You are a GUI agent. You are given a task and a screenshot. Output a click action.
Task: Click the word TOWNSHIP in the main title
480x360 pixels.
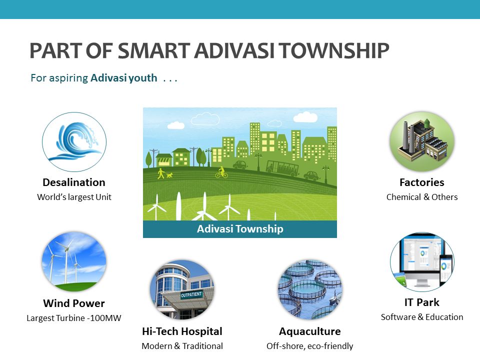[x=334, y=50]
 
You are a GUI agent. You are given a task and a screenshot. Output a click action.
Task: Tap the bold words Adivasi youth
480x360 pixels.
[x=123, y=78]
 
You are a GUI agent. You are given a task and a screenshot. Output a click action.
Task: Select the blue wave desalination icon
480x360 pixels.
[x=74, y=141]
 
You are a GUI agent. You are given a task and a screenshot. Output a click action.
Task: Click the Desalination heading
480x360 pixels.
[x=74, y=182]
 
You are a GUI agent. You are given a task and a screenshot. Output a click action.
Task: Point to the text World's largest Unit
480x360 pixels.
[x=74, y=197]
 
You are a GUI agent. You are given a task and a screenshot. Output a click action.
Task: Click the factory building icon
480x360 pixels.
[x=422, y=141]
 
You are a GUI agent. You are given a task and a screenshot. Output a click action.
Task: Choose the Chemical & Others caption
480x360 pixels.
[x=422, y=197]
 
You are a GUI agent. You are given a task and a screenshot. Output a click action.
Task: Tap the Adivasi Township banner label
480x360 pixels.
[x=240, y=229]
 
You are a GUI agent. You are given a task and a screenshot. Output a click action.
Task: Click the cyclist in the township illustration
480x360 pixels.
[x=221, y=172]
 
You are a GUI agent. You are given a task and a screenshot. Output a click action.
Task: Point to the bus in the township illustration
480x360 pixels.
[x=282, y=168]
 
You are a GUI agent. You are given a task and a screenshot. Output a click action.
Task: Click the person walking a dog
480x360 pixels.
[x=164, y=173]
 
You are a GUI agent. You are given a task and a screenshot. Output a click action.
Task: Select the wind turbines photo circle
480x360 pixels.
[x=74, y=261]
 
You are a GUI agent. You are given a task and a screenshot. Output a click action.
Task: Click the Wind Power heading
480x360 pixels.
[x=74, y=303]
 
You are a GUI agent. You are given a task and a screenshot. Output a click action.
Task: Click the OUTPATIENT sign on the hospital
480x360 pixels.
[x=191, y=295]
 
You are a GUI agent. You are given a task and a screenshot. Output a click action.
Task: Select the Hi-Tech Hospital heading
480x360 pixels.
[x=182, y=331]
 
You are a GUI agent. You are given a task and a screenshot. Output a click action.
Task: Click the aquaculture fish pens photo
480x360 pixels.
[x=310, y=289]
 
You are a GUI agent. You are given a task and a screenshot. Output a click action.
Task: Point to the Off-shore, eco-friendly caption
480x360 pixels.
[x=310, y=346]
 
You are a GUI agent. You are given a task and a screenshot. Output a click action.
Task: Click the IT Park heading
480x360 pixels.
[x=422, y=302]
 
